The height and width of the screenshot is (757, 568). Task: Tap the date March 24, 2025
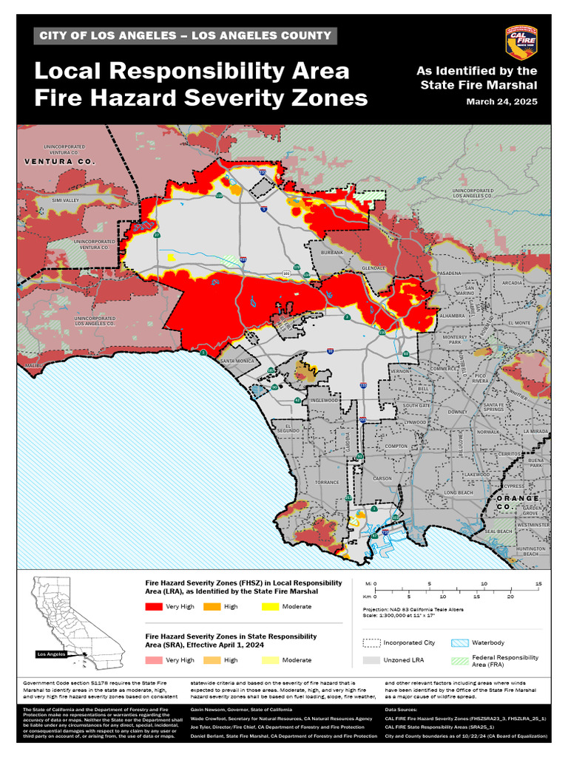(501, 101)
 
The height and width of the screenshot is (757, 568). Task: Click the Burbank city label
(332, 253)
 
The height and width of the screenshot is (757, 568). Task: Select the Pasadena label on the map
(449, 273)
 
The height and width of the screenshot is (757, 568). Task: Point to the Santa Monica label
(237, 361)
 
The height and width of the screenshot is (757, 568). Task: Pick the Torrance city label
(326, 482)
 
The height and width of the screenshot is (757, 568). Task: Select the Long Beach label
(458, 492)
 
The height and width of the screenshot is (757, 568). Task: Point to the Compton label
(396, 447)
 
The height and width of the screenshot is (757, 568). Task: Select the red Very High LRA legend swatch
(154, 607)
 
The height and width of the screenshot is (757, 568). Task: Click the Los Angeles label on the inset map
(52, 654)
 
